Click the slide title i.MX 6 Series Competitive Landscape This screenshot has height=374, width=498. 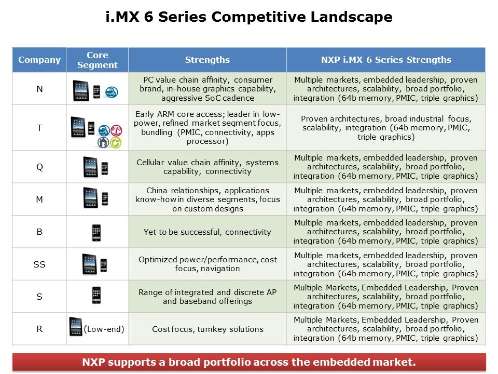pyautogui.click(x=249, y=17)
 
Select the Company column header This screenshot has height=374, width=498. pyautogui.click(x=39, y=60)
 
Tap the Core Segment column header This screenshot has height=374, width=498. pyautogui.click(x=98, y=60)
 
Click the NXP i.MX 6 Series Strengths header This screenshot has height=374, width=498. pyautogui.click(x=386, y=60)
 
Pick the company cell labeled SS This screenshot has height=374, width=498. pyautogui.click(x=39, y=264)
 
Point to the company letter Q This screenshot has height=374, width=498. pyautogui.click(x=39, y=167)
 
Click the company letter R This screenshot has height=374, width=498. pyautogui.click(x=39, y=329)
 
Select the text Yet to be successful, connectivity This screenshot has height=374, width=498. pyautogui.click(x=208, y=232)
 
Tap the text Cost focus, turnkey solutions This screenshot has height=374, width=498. pyautogui.click(x=208, y=329)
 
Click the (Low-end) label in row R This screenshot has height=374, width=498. pyautogui.click(x=104, y=329)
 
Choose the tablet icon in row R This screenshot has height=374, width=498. pyautogui.click(x=76, y=327)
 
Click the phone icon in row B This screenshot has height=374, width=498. pyautogui.click(x=96, y=233)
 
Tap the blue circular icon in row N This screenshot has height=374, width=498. pyautogui.click(x=112, y=92)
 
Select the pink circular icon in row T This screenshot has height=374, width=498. pyautogui.click(x=116, y=130)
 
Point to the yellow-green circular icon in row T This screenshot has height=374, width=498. pyautogui.click(x=116, y=142)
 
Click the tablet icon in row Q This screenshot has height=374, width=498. pyautogui.click(x=90, y=167)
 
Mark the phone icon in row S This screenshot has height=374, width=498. pyautogui.click(x=96, y=295)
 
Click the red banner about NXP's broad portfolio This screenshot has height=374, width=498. pyautogui.click(x=249, y=362)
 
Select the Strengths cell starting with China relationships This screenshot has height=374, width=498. pyautogui.click(x=208, y=199)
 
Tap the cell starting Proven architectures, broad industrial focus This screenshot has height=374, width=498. pyautogui.click(x=386, y=128)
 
